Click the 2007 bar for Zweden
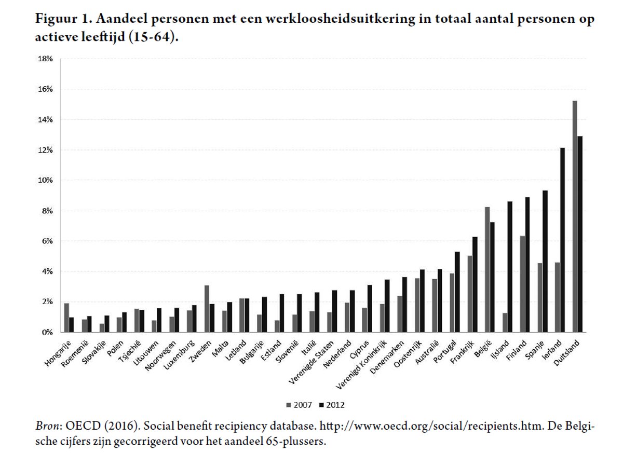click(x=207, y=308)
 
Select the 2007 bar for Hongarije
click(x=66, y=317)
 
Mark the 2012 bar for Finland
click(x=527, y=264)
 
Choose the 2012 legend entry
click(x=332, y=405)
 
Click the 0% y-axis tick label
click(x=47, y=332)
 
